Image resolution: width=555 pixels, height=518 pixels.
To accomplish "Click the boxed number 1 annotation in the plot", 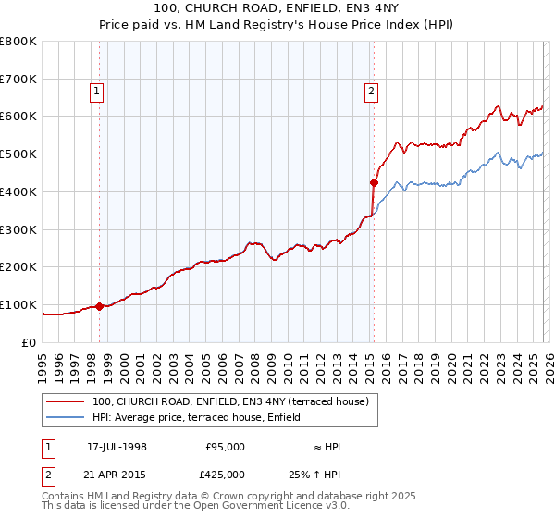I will [x=97, y=91].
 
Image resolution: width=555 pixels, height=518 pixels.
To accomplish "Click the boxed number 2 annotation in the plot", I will [x=371, y=91].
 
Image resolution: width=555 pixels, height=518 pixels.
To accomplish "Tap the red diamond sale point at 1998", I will [x=99, y=306].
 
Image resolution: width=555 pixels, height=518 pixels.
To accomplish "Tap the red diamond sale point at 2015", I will [x=374, y=182].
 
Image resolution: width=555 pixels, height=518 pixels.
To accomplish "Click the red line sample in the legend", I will [x=67, y=401].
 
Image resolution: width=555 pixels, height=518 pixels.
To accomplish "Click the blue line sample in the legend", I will [x=67, y=417].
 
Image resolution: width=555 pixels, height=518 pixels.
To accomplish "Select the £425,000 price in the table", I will [x=225, y=475].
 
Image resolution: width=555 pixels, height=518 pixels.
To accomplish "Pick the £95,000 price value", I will [x=225, y=447].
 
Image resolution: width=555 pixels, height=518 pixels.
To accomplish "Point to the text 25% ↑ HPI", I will [x=327, y=475].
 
